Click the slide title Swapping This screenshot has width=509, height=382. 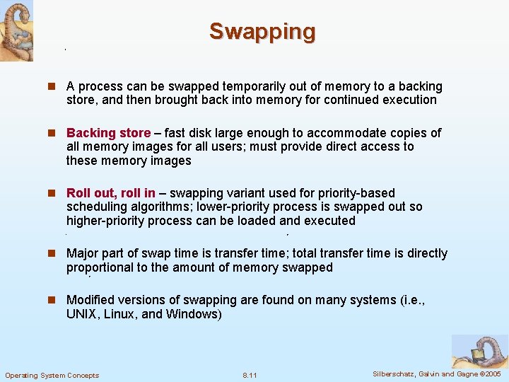click(x=262, y=32)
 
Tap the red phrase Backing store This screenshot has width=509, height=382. click(x=108, y=133)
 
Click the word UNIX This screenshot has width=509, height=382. click(x=82, y=313)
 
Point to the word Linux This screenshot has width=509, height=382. click(x=119, y=313)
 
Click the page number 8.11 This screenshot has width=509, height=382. click(x=250, y=375)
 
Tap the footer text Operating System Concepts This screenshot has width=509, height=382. click(x=52, y=375)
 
